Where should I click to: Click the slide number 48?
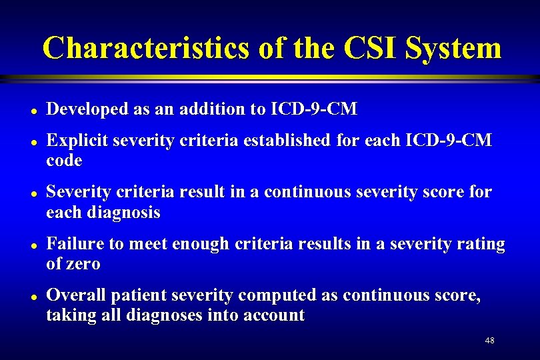(x=489, y=341)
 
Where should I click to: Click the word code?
(x=64, y=161)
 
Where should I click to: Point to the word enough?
(x=199, y=245)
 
